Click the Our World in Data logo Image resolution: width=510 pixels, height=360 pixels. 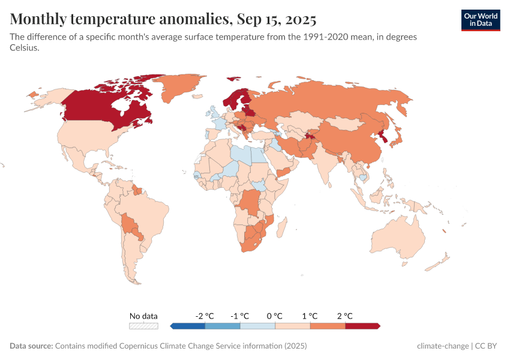coord(480,20)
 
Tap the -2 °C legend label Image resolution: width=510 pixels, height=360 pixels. coord(205,316)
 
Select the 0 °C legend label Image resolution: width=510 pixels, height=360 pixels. coord(275,316)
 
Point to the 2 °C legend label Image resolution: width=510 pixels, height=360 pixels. coord(344,316)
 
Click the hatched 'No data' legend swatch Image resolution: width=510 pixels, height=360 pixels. coord(144,326)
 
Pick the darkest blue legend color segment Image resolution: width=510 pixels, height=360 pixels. coord(188,326)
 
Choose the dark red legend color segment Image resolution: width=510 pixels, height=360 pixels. coord(362,326)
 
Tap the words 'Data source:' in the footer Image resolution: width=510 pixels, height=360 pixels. coord(31,346)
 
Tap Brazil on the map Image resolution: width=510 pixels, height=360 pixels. coord(144,210)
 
